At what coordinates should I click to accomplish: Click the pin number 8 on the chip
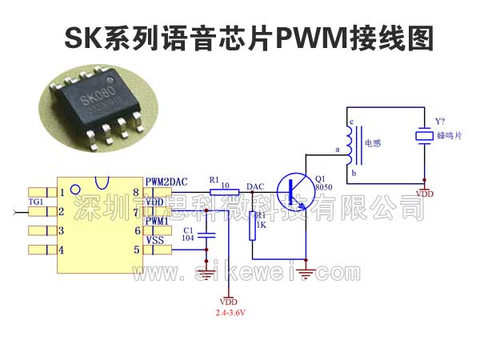click(136, 193)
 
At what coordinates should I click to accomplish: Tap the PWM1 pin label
click(157, 221)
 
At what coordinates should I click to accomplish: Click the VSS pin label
click(155, 240)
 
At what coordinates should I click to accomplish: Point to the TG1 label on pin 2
click(36, 202)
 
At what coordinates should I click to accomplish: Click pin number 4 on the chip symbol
click(62, 250)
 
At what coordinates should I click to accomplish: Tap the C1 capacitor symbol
click(208, 235)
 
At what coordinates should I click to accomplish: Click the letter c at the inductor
click(350, 122)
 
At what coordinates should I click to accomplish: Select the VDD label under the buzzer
click(426, 194)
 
